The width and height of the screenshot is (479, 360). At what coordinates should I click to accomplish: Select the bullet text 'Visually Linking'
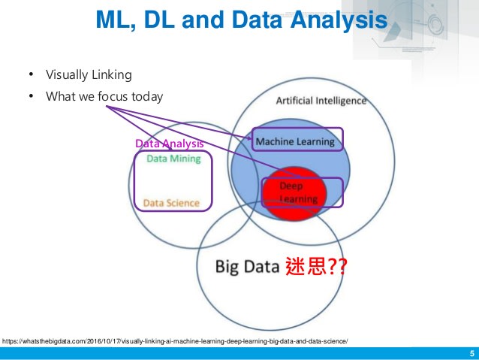click(89, 74)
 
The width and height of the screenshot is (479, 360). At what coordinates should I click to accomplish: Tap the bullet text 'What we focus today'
click(104, 96)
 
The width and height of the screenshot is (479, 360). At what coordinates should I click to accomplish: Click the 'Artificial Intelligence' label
click(321, 101)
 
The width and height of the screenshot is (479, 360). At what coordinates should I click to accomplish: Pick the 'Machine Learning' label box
click(294, 141)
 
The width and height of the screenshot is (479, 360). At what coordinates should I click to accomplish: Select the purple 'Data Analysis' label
click(169, 144)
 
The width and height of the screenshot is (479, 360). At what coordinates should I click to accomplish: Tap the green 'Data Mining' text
click(173, 159)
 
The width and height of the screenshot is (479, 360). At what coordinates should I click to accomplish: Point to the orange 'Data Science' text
click(171, 203)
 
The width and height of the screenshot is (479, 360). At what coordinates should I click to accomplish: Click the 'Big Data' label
click(248, 266)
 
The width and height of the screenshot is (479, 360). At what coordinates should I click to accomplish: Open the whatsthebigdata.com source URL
click(175, 340)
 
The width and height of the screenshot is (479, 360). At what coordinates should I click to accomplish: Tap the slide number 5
click(471, 353)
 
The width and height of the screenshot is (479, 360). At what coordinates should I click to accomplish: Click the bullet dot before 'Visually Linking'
click(31, 74)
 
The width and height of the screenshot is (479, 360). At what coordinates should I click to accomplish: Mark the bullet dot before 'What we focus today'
click(31, 96)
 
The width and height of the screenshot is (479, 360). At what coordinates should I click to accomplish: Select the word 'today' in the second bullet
click(148, 96)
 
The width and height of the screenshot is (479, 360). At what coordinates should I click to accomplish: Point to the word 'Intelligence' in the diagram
click(341, 100)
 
